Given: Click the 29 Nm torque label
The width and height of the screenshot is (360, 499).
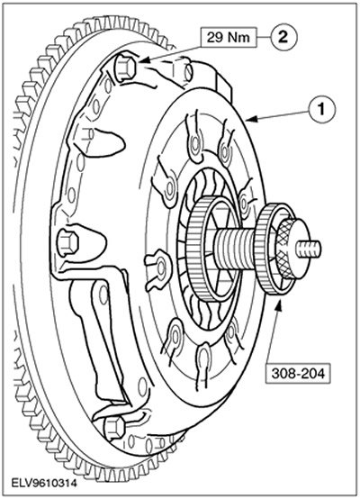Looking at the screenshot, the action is (x=229, y=38).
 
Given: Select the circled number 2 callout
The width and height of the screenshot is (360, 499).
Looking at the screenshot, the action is (x=283, y=37).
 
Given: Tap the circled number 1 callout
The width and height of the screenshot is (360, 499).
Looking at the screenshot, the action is (x=322, y=110).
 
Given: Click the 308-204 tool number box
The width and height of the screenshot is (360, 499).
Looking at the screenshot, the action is (x=298, y=373).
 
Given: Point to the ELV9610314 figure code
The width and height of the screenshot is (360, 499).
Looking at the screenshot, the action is (x=44, y=484).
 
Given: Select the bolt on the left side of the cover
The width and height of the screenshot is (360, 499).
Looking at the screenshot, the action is (x=67, y=242).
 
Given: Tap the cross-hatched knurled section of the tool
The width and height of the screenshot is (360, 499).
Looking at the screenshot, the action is (x=285, y=249).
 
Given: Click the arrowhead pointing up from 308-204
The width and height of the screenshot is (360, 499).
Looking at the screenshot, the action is (x=279, y=303).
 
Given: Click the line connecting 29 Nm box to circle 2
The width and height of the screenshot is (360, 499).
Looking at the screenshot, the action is (x=264, y=38).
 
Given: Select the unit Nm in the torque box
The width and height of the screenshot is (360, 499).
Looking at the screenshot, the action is (x=238, y=38).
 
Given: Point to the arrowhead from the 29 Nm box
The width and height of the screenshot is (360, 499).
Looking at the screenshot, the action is (x=143, y=60).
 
